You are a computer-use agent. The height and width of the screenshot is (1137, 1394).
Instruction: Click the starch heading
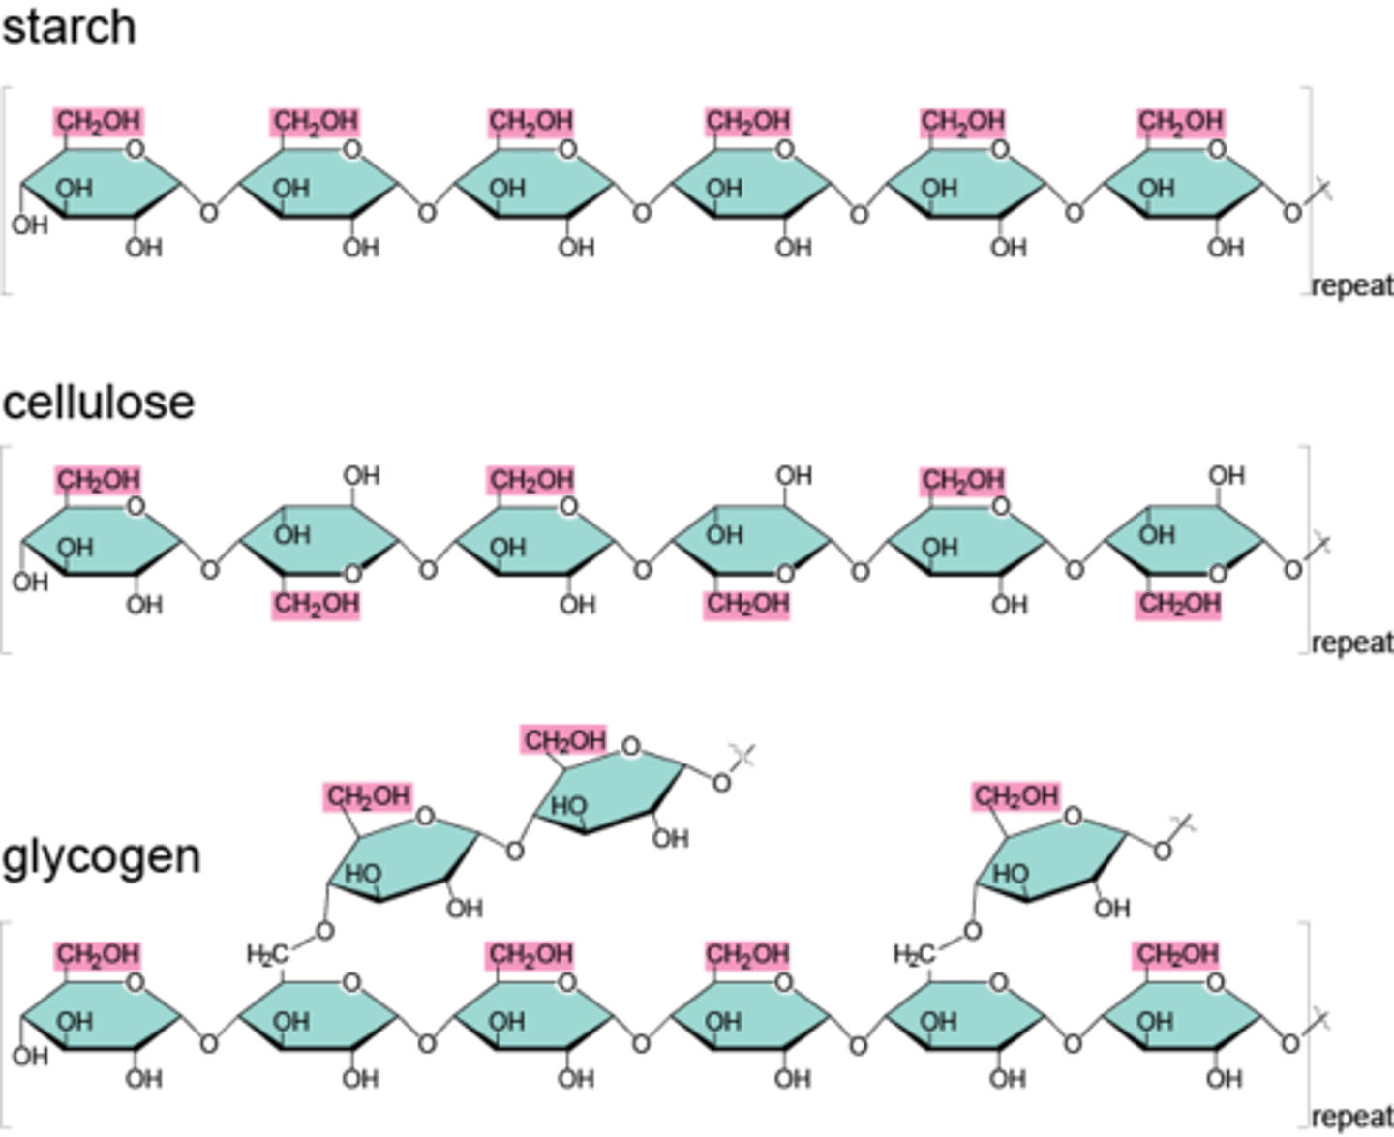pyautogui.click(x=69, y=27)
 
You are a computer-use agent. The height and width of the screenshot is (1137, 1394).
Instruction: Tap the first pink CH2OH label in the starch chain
pyautogui.click(x=99, y=122)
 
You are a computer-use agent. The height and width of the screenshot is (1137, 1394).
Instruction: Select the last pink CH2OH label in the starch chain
pyautogui.click(x=1180, y=122)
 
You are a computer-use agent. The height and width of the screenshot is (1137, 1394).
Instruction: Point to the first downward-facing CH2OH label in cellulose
pyautogui.click(x=317, y=604)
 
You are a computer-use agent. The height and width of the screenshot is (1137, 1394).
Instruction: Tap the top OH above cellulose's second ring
pyautogui.click(x=361, y=475)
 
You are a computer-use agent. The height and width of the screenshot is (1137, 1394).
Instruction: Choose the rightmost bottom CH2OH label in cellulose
pyautogui.click(x=1177, y=604)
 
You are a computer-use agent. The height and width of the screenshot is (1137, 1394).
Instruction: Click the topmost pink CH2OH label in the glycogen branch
pyautogui.click(x=563, y=740)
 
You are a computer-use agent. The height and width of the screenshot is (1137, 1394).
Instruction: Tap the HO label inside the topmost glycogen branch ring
pyautogui.click(x=569, y=805)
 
